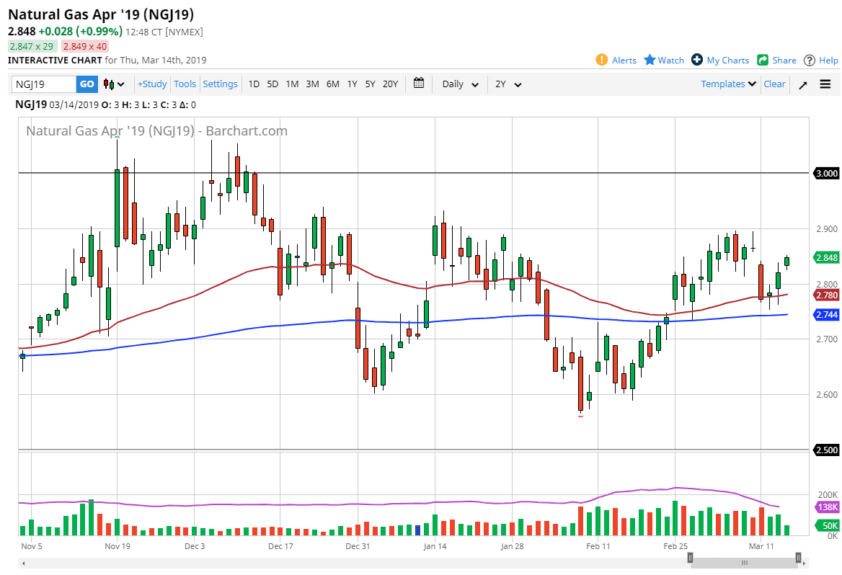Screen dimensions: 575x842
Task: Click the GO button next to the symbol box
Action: click(x=87, y=84)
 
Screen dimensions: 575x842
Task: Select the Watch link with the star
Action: click(x=664, y=61)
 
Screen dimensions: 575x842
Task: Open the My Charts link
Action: click(x=720, y=61)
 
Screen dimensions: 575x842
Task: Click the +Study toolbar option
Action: click(x=152, y=84)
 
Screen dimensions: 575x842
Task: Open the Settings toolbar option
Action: click(x=220, y=84)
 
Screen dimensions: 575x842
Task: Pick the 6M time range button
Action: click(x=332, y=84)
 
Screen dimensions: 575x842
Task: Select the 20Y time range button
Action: click(x=390, y=84)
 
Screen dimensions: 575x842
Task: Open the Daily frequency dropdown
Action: click(x=460, y=84)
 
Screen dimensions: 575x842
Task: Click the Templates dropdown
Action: click(x=728, y=84)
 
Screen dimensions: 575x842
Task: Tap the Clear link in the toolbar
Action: click(x=774, y=84)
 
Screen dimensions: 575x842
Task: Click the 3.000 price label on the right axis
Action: click(x=826, y=174)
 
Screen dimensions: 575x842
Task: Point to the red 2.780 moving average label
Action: click(x=826, y=295)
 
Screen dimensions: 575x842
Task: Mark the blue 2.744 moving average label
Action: click(x=826, y=315)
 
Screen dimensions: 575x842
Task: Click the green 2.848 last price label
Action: click(x=826, y=258)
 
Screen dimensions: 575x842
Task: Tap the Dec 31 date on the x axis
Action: click(x=358, y=546)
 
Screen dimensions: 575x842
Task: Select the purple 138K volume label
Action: click(x=826, y=508)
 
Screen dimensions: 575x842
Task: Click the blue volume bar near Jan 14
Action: click(x=417, y=530)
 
